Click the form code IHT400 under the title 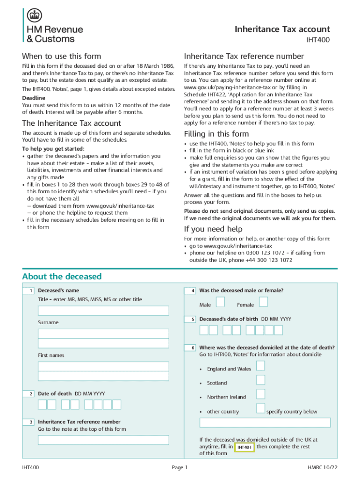coord(318,40)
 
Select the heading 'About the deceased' coord(62,276)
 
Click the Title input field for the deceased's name coord(103,311)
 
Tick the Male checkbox coord(220,302)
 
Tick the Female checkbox coord(263,302)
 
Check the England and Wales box coord(261,365)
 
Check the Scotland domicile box coord(261,380)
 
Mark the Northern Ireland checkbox coord(261,394)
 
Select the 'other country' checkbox coord(261,408)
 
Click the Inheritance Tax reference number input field coord(103,440)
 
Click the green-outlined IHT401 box coord(245,448)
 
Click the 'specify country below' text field coord(265,423)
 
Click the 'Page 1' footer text coord(180,468)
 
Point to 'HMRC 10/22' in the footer coord(322,468)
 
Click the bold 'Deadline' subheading coord(34,98)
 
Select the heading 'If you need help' coord(213,229)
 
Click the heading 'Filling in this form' coord(216,134)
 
